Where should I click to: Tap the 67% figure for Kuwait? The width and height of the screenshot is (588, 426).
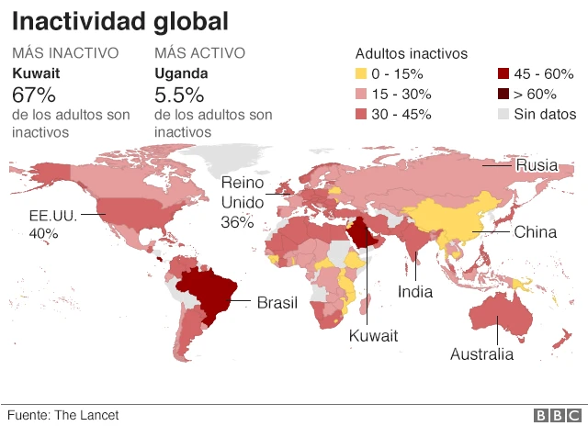(x=34, y=95)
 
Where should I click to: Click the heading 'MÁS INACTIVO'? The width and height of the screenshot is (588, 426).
(x=65, y=54)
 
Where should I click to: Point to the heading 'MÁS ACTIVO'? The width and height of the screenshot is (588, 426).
(x=198, y=54)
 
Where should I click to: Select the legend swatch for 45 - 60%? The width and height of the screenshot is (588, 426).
(x=503, y=74)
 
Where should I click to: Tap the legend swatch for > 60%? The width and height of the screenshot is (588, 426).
(x=503, y=95)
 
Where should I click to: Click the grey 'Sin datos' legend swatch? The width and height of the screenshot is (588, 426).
(x=503, y=115)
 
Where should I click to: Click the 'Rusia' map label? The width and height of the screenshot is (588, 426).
(x=537, y=165)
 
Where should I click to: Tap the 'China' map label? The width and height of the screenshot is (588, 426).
(x=535, y=232)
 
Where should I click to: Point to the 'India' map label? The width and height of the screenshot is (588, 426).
(x=415, y=292)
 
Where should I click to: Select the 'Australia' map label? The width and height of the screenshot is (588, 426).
(x=482, y=354)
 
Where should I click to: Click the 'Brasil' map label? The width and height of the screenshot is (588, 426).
(x=277, y=302)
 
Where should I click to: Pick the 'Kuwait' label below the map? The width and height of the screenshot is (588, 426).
(x=373, y=336)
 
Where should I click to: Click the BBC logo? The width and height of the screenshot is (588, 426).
(x=552, y=415)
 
